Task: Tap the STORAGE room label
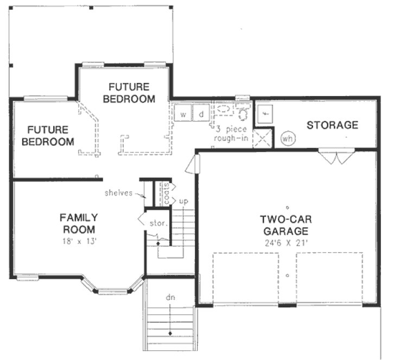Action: [x=332, y=125]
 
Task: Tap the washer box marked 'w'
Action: [x=183, y=114]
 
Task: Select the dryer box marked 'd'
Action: [x=200, y=114]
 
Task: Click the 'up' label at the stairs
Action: [x=183, y=202]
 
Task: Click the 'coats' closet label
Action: [x=167, y=192]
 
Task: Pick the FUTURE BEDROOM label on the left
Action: [x=48, y=136]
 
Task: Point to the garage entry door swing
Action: [x=192, y=163]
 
